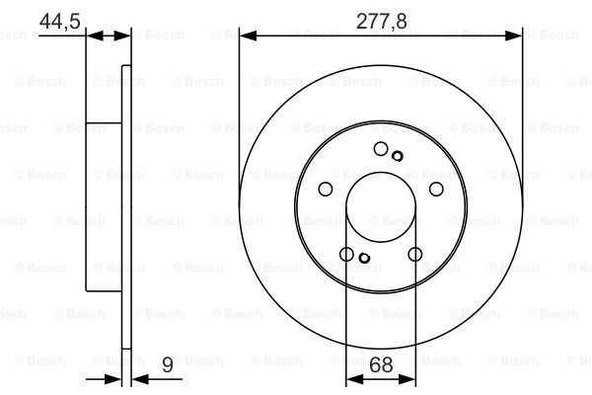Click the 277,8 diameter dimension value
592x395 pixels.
381,21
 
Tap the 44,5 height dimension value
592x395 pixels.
59,21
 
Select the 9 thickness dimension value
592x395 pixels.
168,364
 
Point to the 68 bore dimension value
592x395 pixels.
381,364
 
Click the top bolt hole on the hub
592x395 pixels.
381,148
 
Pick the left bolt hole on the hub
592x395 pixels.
326,189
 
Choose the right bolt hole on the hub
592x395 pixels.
436,189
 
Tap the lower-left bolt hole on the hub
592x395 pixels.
346,254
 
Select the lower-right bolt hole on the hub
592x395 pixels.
415,254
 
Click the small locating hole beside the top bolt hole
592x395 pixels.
398,156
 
